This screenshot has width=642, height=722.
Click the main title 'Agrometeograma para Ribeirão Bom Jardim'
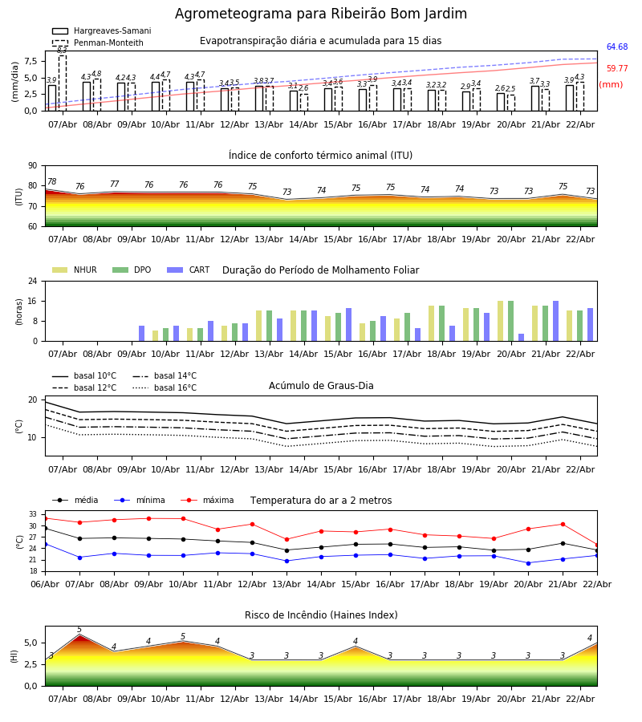pyautogui.click(x=321, y=14)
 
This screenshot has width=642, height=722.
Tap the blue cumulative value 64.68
pyautogui.click(x=617, y=47)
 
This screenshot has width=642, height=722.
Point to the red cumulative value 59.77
pyautogui.click(x=617, y=69)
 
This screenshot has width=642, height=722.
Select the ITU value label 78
pyautogui.click(x=52, y=182)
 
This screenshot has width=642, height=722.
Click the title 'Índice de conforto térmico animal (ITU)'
pyautogui.click(x=321, y=156)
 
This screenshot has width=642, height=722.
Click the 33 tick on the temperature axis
pyautogui.click(x=34, y=514)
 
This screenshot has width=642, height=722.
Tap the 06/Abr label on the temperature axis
pyautogui.click(x=45, y=583)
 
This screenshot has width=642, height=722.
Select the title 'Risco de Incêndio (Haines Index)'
pyautogui.click(x=321, y=615)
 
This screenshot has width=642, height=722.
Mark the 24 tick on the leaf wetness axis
pyautogui.click(x=31, y=282)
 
